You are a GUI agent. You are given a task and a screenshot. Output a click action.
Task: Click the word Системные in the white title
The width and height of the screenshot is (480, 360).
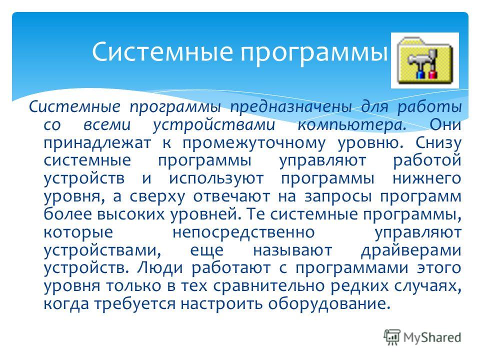click(162, 51)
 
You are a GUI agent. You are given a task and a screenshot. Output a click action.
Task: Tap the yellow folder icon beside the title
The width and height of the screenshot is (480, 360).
click(425, 60)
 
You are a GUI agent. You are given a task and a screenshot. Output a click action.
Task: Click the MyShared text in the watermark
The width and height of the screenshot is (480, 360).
click(432, 337)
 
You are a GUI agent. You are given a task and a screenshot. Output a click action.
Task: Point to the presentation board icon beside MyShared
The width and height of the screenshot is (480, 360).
click(392, 337)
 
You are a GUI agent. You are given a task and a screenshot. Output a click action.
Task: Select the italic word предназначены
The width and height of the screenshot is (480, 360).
click(291, 107)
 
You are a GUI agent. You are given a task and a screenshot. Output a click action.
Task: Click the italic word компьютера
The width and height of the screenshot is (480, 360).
click(352, 125)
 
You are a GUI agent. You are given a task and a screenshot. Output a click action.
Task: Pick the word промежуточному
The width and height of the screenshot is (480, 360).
click(254, 143)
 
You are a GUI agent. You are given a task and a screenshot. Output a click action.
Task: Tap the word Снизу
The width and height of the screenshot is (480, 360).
click(438, 143)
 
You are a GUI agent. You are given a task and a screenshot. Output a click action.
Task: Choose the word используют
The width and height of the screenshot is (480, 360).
click(216, 179)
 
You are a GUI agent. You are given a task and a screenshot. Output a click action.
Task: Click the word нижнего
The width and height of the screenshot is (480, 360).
click(427, 179)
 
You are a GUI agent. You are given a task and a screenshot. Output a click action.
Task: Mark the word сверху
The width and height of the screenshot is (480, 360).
click(157, 197)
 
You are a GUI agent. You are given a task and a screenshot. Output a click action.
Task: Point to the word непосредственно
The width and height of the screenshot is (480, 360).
click(243, 232)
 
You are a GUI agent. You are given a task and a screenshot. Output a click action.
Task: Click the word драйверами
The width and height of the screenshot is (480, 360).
click(411, 250)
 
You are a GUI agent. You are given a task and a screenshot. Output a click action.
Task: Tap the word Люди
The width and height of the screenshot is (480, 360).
click(160, 268)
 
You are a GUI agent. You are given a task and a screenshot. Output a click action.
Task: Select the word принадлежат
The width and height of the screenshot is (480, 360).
click(97, 143)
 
